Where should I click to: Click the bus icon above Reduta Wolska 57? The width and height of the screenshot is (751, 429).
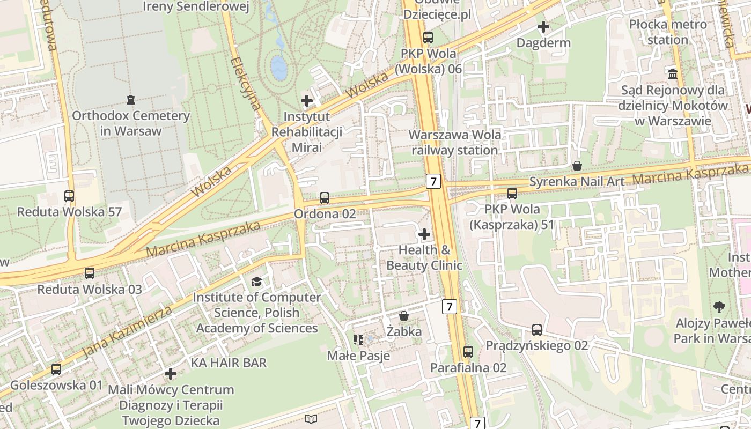pos(69,196)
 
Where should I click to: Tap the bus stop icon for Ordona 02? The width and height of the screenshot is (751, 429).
pos(325,198)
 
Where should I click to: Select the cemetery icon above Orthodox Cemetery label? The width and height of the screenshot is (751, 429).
pos(130,100)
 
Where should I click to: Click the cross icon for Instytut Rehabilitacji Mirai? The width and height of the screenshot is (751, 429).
pos(307,101)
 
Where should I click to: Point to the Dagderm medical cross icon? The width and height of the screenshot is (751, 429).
pos(543,26)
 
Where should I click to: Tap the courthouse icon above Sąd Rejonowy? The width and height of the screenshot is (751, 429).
pos(673,73)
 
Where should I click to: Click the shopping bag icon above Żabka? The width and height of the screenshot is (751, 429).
pos(404,316)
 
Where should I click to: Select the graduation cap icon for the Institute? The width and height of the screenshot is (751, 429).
pos(257,282)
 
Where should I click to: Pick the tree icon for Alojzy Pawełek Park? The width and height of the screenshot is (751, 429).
pos(719,307)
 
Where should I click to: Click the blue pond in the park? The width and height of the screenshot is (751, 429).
pos(279,68)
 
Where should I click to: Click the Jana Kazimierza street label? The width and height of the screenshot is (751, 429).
pos(128,332)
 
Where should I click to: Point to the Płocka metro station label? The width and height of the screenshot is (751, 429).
pos(668,32)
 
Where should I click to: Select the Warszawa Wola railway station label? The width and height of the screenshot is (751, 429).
pos(455,142)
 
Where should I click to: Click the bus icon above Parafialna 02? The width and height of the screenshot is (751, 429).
pos(468,352)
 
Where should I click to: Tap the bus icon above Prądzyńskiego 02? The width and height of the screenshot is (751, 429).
pos(537,330)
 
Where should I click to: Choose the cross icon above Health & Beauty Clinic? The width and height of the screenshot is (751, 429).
pos(424,234)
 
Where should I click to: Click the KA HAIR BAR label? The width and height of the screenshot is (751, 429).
pos(229,363)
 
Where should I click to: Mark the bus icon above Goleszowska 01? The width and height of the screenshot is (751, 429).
pos(56,369)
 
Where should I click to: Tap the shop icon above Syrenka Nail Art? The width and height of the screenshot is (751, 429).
pos(577,166)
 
